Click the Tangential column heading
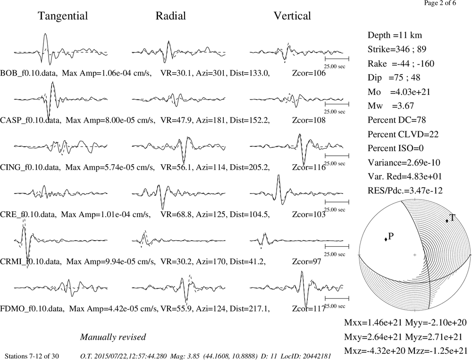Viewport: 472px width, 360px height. point(63,16)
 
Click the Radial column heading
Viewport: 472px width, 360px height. point(171,16)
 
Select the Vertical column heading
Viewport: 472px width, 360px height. point(292,16)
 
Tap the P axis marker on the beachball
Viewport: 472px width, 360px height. point(386,239)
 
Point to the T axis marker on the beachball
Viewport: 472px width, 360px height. point(447,221)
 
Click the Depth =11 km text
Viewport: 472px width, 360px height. point(395,35)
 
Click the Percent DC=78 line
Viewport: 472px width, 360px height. point(397,120)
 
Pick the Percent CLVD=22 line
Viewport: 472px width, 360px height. point(403,134)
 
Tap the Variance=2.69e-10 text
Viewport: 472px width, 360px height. point(404,163)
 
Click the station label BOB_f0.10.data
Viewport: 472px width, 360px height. point(29,73)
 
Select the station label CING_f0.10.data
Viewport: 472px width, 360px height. point(30,167)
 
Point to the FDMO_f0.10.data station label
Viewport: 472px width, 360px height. point(32,309)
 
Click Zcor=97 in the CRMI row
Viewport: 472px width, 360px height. point(306,261)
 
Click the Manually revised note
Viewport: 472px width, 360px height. point(113,337)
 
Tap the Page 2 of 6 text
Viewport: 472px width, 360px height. point(440,3)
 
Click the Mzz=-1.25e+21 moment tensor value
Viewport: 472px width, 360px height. point(438,351)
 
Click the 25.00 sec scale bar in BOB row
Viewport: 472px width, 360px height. point(337,59)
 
